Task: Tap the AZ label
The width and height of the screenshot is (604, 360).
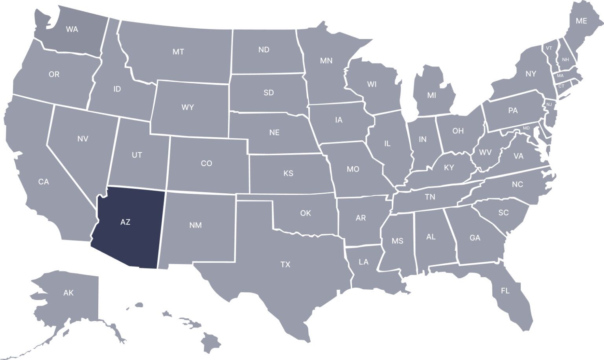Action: coord(125,222)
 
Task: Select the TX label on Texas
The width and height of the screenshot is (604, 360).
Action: coord(285,264)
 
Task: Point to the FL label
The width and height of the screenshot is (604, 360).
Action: coord(505,291)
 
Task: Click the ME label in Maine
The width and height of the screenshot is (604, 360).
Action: coord(581,21)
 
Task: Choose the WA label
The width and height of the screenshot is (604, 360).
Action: coord(72,29)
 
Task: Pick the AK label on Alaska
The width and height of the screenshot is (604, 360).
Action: coord(68,293)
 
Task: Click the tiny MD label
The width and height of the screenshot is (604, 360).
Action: coord(527,128)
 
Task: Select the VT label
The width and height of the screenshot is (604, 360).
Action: coord(549,48)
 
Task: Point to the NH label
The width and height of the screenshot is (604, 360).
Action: coord(565,60)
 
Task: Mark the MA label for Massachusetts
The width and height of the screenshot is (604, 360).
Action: coord(560,75)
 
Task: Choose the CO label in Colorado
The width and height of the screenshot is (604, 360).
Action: coord(206,163)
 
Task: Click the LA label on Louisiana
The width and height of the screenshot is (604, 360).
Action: coord(364,262)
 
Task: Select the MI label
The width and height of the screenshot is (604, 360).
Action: coord(432,95)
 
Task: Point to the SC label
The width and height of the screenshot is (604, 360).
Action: coord(503,213)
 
